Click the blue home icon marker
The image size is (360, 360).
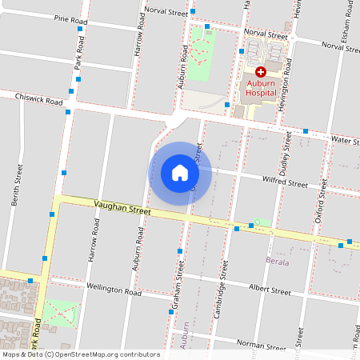(x=180, y=172)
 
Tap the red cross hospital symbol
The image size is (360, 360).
(x=261, y=72)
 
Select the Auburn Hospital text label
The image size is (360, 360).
(x=261, y=87)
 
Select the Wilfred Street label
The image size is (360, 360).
(x=285, y=184)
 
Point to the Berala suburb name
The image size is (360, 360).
(x=277, y=262)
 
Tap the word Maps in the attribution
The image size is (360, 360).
(x=12, y=354)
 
